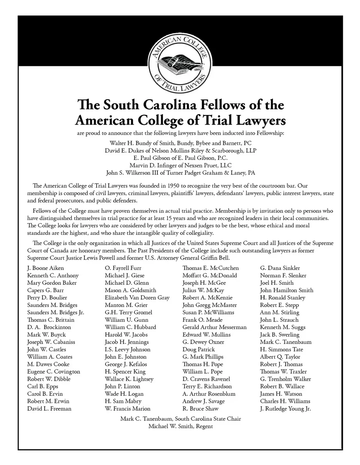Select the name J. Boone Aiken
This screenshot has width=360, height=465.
click(x=45, y=268)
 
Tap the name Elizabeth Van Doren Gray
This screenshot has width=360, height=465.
click(x=137, y=298)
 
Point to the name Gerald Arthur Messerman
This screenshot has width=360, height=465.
click(x=214, y=327)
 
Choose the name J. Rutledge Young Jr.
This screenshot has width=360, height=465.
click(x=285, y=409)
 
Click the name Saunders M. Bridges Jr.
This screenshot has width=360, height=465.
click(x=55, y=312)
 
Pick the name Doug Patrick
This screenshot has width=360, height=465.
click(x=199, y=349)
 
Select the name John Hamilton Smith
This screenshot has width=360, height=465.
click(x=286, y=290)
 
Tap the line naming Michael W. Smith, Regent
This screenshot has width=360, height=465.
click(x=180, y=426)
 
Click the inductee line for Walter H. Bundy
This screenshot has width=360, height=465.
click(x=180, y=143)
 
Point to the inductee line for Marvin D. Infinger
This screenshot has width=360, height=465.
click(x=180, y=165)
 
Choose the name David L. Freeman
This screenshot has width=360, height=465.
click(x=49, y=409)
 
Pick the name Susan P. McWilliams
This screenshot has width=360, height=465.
click(x=208, y=312)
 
